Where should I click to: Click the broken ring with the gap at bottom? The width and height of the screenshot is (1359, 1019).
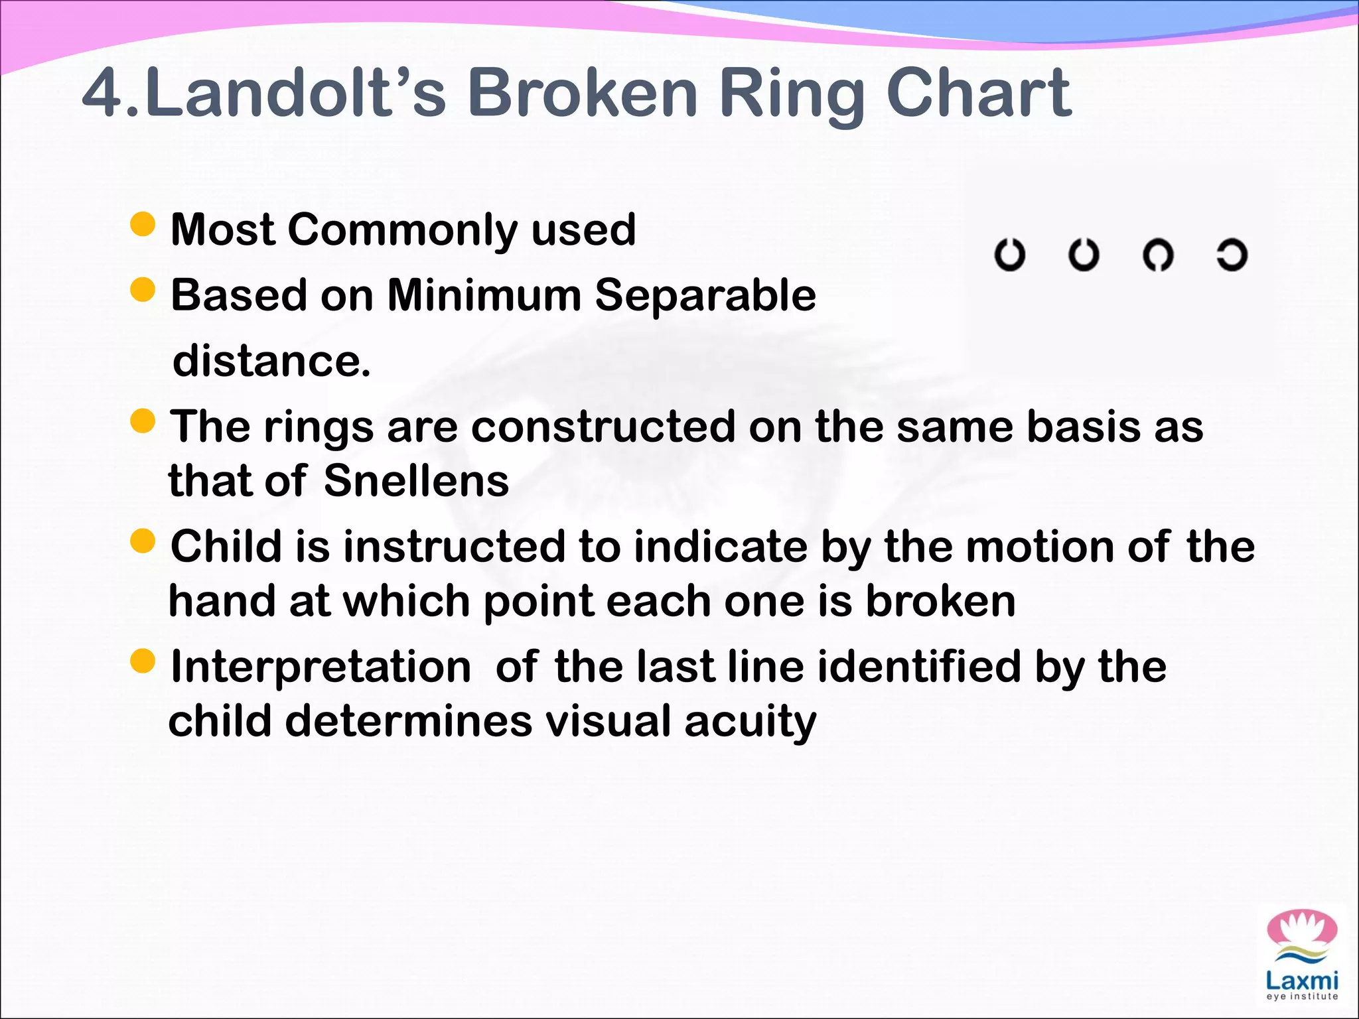click(x=1158, y=255)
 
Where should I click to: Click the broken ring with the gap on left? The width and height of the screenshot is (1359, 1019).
click(x=1232, y=255)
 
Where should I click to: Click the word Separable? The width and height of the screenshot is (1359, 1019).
click(x=705, y=295)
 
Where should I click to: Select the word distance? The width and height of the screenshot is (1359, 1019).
click(x=271, y=361)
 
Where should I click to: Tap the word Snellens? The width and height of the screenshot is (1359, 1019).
click(x=416, y=481)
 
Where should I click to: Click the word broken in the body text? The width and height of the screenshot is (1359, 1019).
click(x=940, y=602)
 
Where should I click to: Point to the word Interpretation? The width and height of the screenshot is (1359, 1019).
click(x=321, y=667)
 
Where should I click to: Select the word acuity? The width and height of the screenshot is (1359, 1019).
click(x=750, y=722)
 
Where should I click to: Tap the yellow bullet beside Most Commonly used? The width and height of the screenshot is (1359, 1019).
click(x=143, y=224)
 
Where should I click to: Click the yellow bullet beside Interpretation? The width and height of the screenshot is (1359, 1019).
click(x=143, y=661)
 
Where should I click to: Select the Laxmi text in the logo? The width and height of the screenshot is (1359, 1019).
click(x=1301, y=981)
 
